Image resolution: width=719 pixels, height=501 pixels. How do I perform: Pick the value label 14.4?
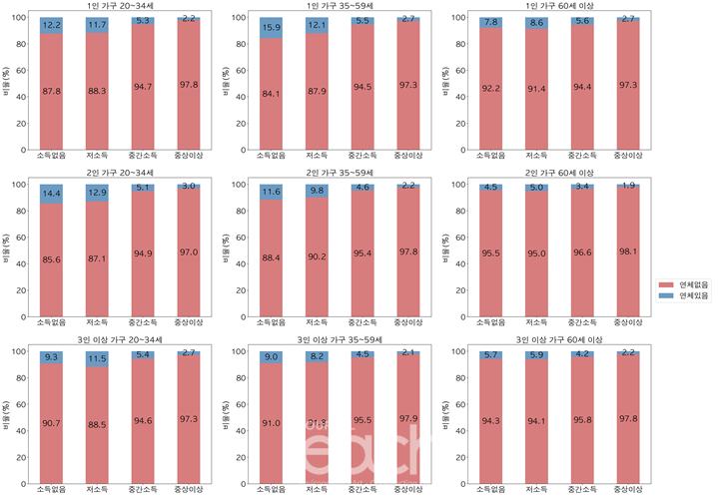(x=52, y=193)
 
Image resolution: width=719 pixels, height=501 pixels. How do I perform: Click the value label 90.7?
(x=52, y=423)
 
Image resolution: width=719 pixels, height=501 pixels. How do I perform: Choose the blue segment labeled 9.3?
(x=52, y=357)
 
